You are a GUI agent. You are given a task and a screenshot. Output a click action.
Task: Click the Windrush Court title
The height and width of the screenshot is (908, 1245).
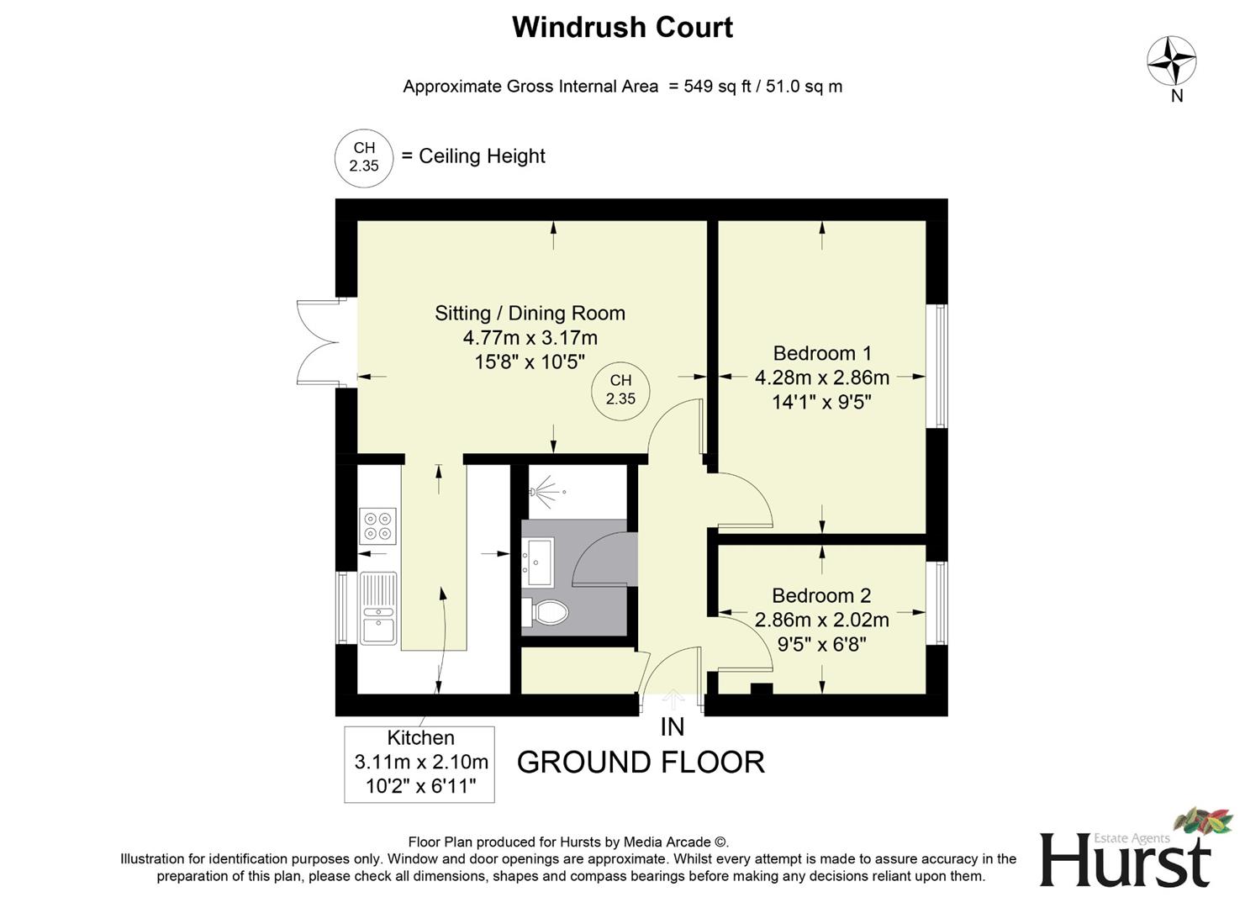point(622,27)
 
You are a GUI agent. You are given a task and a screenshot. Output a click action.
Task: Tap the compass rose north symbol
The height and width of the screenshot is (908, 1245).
point(1171,61)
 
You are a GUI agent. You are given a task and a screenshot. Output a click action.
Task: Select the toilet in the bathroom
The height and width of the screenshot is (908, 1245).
point(546,612)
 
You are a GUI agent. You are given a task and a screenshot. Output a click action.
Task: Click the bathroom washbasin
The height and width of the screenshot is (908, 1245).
point(538,561)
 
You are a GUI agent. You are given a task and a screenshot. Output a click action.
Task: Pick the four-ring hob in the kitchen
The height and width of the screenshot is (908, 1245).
point(377,526)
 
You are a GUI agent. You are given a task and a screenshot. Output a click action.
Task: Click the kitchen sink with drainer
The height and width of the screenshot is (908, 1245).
point(378,608)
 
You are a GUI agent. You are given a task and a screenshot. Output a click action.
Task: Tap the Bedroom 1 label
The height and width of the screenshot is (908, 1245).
point(821,353)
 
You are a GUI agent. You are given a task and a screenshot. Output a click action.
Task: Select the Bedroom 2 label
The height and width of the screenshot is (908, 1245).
point(821,595)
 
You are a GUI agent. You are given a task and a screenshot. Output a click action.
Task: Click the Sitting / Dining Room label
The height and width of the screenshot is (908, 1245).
point(530,313)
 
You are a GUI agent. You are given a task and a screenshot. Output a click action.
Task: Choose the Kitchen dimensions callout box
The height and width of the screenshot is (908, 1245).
point(419,763)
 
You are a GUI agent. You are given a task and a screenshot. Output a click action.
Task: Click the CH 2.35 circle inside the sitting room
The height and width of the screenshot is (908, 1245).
point(620,390)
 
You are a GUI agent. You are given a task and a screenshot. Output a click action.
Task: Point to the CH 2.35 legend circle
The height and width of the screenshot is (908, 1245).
point(364,157)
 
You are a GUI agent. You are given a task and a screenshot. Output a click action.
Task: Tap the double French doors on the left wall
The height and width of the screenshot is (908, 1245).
point(318,342)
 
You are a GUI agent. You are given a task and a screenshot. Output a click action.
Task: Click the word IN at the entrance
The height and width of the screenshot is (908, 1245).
point(672,727)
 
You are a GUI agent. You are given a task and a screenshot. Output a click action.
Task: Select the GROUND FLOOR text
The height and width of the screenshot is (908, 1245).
point(641,763)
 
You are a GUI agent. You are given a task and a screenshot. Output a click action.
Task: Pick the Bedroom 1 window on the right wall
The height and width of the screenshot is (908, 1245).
point(936,366)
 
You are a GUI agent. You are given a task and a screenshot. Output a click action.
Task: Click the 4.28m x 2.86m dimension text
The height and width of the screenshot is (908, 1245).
point(821,377)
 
